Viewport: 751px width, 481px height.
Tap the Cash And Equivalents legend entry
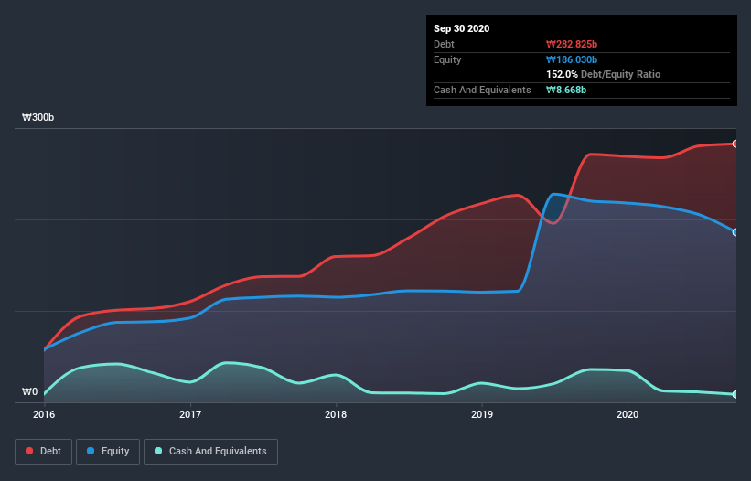click(210, 451)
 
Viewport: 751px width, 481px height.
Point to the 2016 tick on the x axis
click(44, 414)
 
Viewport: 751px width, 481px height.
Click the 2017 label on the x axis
click(190, 414)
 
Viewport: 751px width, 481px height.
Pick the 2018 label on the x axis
click(336, 414)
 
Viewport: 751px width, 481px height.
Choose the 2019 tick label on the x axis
click(481, 414)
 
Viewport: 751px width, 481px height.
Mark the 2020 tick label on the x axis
click(628, 414)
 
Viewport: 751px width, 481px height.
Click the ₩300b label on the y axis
click(38, 118)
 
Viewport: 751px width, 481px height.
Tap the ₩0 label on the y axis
click(30, 392)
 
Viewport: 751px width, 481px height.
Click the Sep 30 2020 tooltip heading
click(462, 28)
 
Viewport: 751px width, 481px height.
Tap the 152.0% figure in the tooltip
click(562, 74)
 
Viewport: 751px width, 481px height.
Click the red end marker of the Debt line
click(735, 144)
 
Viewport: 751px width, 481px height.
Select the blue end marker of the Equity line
click(735, 232)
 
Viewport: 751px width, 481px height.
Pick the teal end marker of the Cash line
click(735, 394)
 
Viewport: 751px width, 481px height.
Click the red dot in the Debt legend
click(30, 451)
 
